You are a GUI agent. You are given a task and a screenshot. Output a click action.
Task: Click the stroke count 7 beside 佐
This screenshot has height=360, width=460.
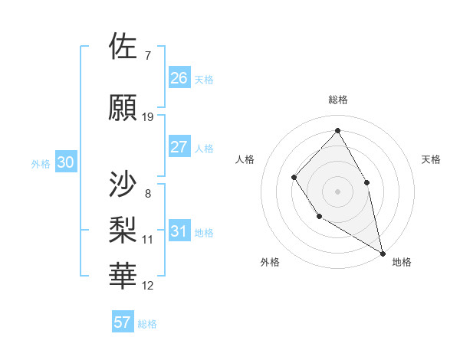click(x=147, y=56)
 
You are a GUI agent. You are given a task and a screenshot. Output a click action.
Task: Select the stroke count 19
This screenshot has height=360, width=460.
click(x=148, y=117)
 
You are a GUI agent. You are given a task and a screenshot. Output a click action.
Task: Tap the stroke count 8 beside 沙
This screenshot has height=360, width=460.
click(x=147, y=193)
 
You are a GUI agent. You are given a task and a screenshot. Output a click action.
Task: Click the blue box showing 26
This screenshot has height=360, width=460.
click(x=179, y=78)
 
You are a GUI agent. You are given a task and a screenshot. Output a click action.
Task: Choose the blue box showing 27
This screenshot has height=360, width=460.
click(x=179, y=147)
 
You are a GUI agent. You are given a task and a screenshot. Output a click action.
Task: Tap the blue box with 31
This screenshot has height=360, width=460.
click(x=179, y=231)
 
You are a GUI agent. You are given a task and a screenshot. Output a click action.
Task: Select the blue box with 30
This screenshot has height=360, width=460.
click(x=66, y=162)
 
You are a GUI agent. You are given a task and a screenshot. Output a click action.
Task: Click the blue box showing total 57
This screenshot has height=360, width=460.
click(x=123, y=322)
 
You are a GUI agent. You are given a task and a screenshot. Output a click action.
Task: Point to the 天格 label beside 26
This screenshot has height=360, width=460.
click(x=204, y=79)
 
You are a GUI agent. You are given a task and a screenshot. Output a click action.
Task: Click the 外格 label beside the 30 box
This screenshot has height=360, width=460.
click(x=40, y=163)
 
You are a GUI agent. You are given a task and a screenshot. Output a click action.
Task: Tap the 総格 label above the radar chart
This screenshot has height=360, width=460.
click(x=337, y=100)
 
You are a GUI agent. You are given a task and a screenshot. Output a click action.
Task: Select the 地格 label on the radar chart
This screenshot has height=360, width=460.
click(x=402, y=262)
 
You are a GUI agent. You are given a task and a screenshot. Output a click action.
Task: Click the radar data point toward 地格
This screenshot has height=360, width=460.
click(x=383, y=252)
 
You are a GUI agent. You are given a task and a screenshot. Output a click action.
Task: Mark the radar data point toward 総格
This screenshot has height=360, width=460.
click(x=337, y=131)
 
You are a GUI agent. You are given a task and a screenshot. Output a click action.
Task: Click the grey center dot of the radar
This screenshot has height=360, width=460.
click(x=337, y=191)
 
